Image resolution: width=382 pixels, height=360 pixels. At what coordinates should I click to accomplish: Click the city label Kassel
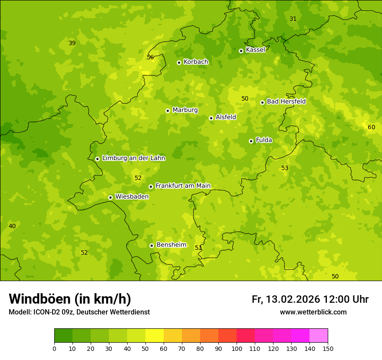[255, 50]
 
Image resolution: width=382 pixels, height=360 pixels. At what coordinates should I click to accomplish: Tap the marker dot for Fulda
[251, 141]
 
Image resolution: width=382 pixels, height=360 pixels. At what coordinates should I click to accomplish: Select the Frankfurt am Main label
[183, 186]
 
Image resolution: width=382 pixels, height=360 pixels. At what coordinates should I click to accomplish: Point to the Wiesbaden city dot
[110, 197]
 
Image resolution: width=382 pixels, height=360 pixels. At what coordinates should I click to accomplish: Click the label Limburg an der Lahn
[133, 158]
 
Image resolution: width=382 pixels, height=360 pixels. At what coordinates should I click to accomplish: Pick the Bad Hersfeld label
[286, 101]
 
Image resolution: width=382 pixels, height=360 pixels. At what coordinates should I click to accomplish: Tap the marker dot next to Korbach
[179, 62]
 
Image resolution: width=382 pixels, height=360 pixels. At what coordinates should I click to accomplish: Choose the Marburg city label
[185, 110]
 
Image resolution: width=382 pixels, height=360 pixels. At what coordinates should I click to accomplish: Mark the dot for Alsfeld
[211, 118]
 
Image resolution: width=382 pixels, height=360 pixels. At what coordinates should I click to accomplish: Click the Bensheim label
[171, 245]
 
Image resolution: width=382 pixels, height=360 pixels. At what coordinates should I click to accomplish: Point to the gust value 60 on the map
[371, 127]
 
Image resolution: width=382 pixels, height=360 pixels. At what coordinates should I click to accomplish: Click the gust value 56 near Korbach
[150, 57]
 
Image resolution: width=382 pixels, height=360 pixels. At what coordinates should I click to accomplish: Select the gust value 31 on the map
[293, 19]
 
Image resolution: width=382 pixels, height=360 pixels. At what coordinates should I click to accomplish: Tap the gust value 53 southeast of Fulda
[285, 168]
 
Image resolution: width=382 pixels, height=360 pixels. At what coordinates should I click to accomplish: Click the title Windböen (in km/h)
[70, 299]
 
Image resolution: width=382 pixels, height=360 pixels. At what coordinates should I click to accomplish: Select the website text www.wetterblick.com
[313, 312]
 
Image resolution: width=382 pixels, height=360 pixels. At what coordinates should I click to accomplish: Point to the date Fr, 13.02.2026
[286, 299]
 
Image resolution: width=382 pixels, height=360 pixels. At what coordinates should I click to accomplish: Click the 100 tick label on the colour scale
[237, 348]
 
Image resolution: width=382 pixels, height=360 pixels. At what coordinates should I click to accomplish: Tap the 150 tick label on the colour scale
[328, 348]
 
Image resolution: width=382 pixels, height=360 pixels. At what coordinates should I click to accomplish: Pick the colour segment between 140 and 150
[319, 336]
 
